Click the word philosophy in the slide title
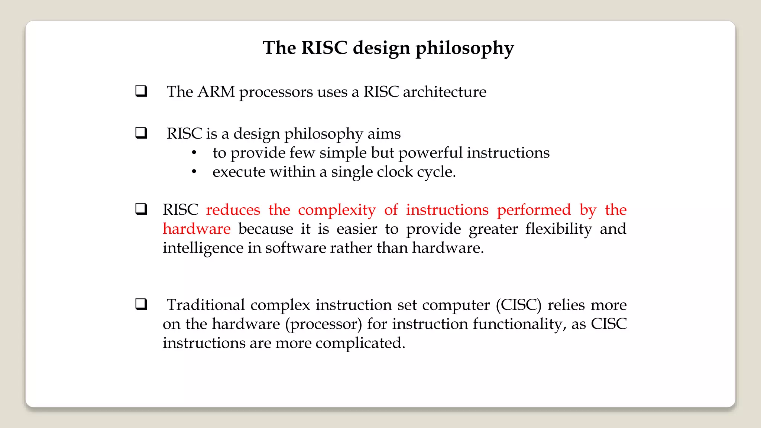pos(464,48)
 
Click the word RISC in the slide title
pos(324,48)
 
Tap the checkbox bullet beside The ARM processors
pos(141,91)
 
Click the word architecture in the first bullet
pos(444,92)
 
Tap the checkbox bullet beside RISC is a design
pos(141,133)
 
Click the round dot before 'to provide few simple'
pos(194,153)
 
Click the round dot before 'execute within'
pos(194,172)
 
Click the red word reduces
pos(233,210)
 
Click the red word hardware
pos(197,229)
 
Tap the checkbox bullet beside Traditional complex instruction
pos(141,304)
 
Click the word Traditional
pos(205,305)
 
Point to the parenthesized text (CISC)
pos(519,305)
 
